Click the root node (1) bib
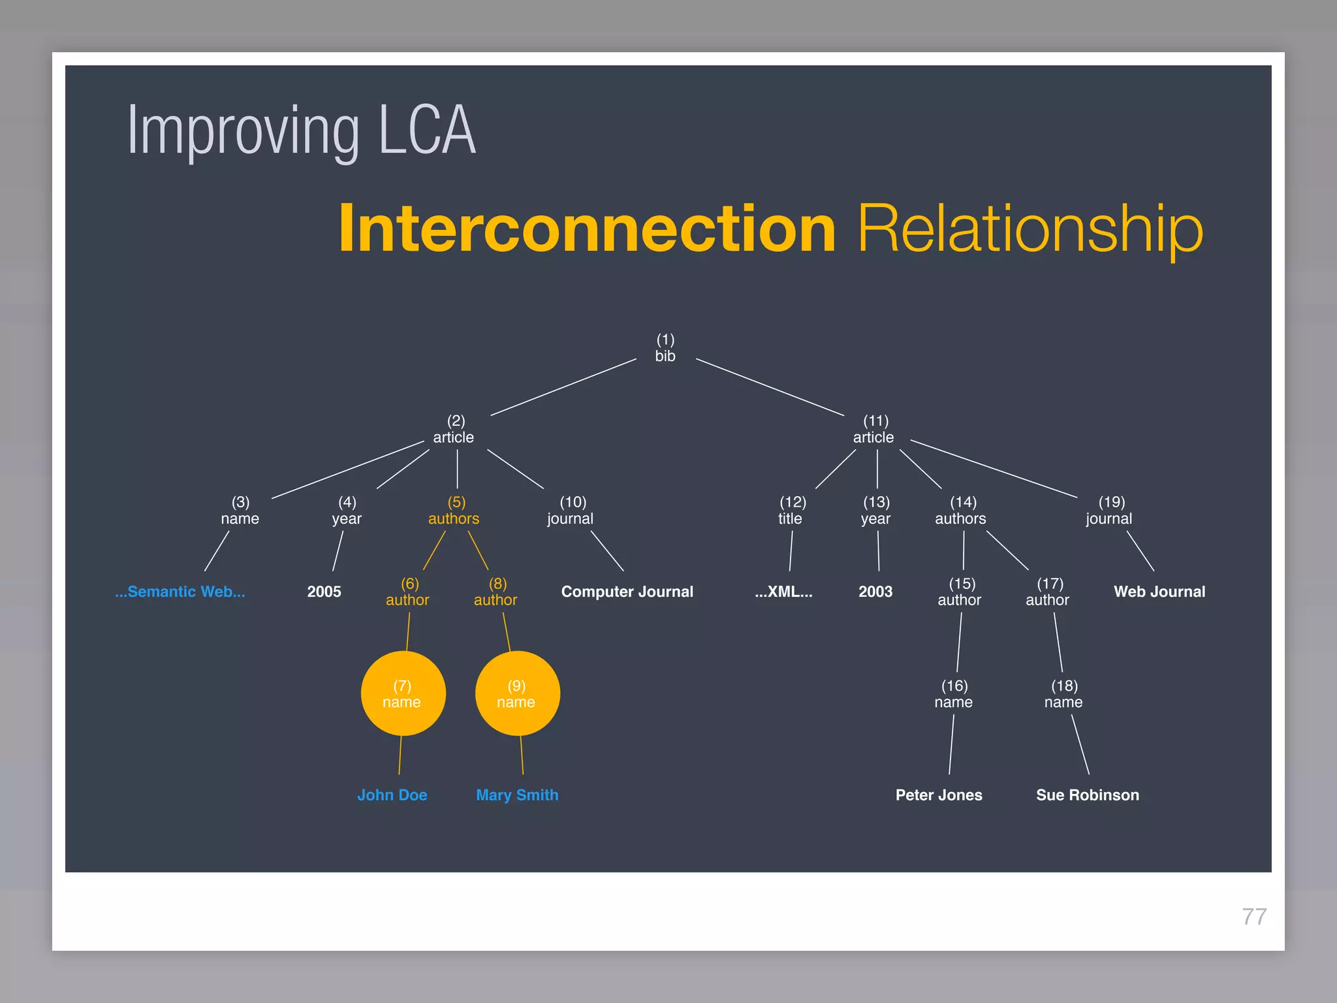(x=665, y=348)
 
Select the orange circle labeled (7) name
(x=403, y=693)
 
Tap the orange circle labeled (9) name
(x=517, y=693)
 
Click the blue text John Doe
(x=392, y=795)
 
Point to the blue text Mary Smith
(x=517, y=795)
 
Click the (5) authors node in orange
(x=454, y=511)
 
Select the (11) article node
(x=874, y=429)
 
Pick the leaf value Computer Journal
(x=627, y=592)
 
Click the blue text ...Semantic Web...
(x=180, y=592)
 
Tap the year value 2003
(x=875, y=592)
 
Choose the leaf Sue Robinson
(x=1087, y=795)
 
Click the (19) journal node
(x=1109, y=511)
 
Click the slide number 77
(x=1253, y=917)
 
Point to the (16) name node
(x=954, y=694)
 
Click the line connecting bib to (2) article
(x=563, y=387)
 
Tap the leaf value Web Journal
(x=1159, y=592)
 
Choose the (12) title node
(x=791, y=511)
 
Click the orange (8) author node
(x=496, y=592)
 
